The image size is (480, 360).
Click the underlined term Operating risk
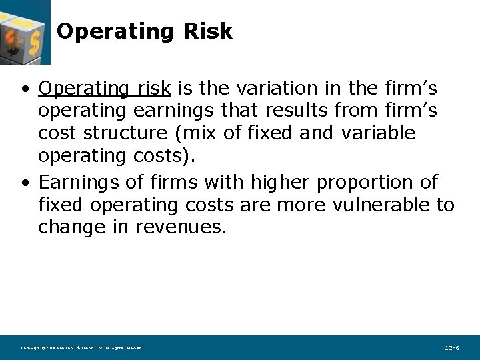click(105, 88)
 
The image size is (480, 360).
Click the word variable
click(378, 133)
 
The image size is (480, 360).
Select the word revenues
click(181, 227)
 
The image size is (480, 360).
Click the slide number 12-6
click(451, 348)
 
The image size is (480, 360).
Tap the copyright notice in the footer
click(81, 348)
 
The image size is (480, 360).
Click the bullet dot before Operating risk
click(24, 89)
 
